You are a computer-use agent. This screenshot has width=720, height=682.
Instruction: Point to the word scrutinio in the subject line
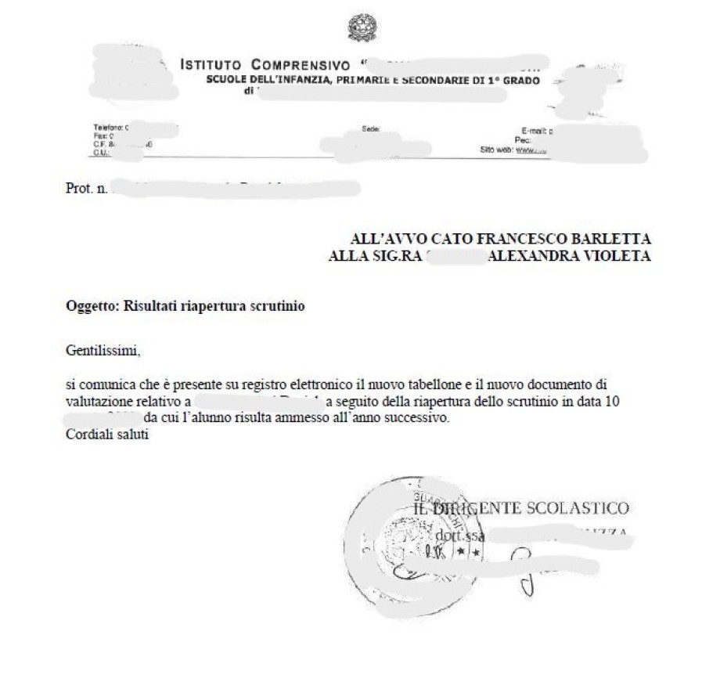point(278,306)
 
